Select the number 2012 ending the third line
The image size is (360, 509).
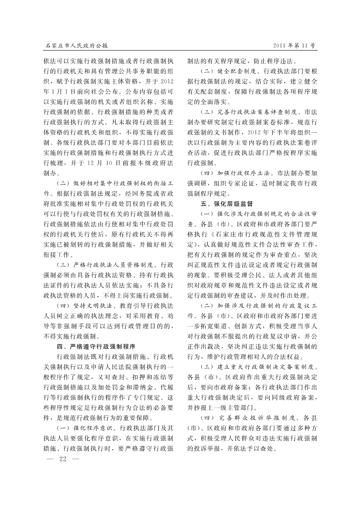167,81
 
